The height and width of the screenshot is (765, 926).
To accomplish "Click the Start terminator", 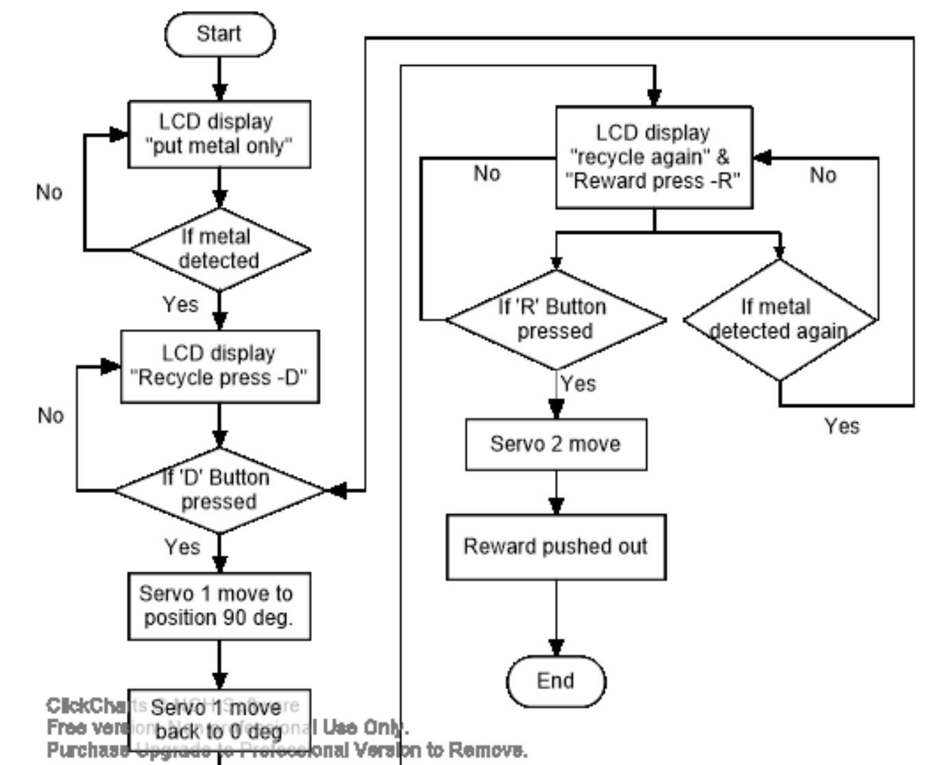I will (x=219, y=34).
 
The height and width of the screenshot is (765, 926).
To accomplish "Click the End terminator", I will (x=556, y=681).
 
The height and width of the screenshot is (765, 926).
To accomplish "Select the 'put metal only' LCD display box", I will (x=219, y=134).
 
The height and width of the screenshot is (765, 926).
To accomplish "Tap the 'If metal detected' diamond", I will (x=219, y=250).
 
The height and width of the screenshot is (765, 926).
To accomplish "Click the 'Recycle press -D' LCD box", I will (x=219, y=366).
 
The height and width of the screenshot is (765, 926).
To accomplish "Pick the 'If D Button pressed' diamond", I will (x=219, y=490).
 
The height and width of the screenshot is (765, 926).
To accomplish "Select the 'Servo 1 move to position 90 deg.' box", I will (x=219, y=606).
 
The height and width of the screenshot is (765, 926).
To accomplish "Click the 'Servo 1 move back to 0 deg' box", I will (x=219, y=720).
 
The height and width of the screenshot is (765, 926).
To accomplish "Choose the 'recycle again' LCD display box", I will (x=654, y=157).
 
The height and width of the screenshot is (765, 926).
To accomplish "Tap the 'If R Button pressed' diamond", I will (x=555, y=319).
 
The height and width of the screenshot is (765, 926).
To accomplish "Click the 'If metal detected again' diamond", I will (x=779, y=319).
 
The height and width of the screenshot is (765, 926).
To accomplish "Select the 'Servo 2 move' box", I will (x=556, y=444).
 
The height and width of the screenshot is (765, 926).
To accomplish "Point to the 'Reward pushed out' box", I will (x=556, y=547).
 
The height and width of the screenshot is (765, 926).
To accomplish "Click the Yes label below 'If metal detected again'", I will (x=842, y=426).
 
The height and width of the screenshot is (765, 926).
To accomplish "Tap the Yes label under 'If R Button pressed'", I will (x=578, y=384).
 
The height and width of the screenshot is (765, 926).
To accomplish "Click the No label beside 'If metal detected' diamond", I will (x=49, y=193).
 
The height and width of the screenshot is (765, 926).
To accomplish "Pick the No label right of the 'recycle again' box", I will (x=823, y=175).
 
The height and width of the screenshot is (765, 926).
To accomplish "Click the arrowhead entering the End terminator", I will (x=556, y=647).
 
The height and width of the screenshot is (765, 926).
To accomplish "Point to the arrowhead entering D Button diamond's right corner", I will (x=337, y=490).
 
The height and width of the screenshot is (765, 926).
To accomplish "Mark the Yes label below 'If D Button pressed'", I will (x=182, y=547).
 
